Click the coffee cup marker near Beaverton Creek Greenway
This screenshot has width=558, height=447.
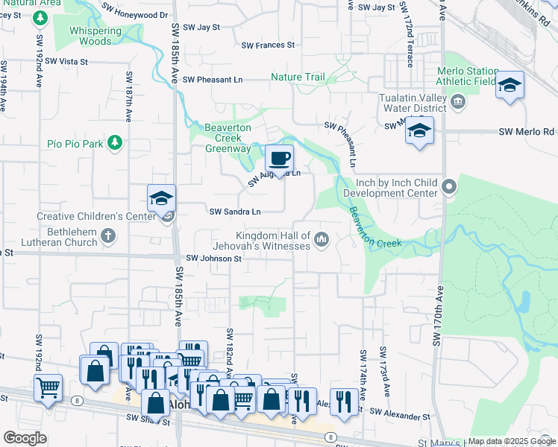(x=279, y=158)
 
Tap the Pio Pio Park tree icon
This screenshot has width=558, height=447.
(x=114, y=142)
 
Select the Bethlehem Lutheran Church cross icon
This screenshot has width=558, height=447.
(x=109, y=237)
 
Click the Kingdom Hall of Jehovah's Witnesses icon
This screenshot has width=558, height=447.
(x=322, y=238)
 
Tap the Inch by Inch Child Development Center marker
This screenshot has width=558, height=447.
(x=449, y=186)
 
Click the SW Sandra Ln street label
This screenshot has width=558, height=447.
(x=235, y=212)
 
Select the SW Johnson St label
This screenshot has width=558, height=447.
(x=213, y=259)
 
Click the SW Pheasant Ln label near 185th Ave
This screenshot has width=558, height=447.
(x=213, y=80)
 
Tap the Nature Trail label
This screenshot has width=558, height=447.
(x=297, y=77)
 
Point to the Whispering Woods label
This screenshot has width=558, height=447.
(x=95, y=36)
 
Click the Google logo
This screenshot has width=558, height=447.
(x=25, y=438)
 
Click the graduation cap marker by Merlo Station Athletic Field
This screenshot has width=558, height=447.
(x=510, y=85)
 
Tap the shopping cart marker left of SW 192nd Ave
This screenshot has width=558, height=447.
(x=48, y=387)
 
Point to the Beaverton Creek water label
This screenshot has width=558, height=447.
(x=376, y=229)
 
